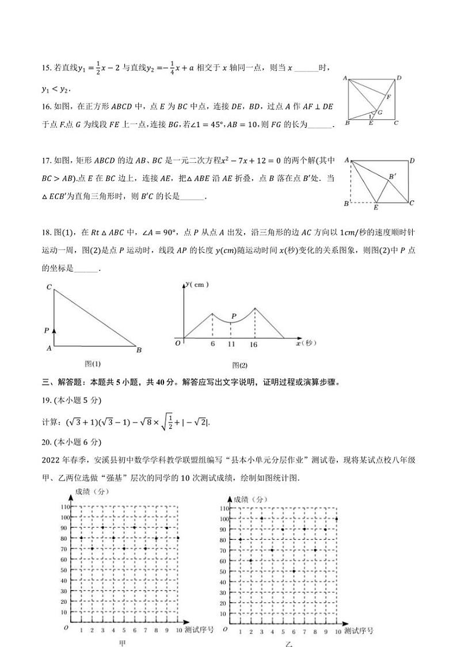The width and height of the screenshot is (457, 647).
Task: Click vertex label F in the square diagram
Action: tap(389, 97)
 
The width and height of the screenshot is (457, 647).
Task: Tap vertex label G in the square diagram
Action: tap(380, 112)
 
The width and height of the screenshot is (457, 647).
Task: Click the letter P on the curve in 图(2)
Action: tap(234, 316)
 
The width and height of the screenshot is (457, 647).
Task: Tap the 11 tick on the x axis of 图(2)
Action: tap(231, 344)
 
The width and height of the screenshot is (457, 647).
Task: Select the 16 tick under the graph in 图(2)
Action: tap(253, 344)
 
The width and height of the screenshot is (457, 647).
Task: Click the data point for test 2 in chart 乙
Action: tap(250, 560)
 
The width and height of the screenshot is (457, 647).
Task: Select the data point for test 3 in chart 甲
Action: tap(102, 527)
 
